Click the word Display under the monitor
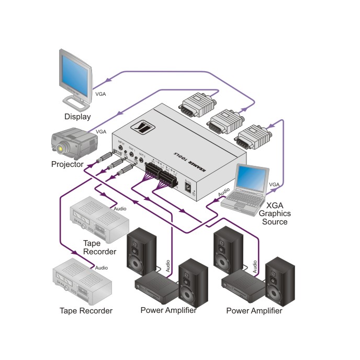tap(77, 117)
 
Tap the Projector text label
tap(67, 164)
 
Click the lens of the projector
tap(61, 149)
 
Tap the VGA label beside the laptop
tap(274, 185)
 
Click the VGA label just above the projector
tap(101, 131)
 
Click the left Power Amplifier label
tap(168, 310)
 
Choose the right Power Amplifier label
tap(254, 311)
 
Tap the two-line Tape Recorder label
tap(99, 248)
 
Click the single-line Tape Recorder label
tap(86, 311)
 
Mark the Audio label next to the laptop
tap(223, 194)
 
